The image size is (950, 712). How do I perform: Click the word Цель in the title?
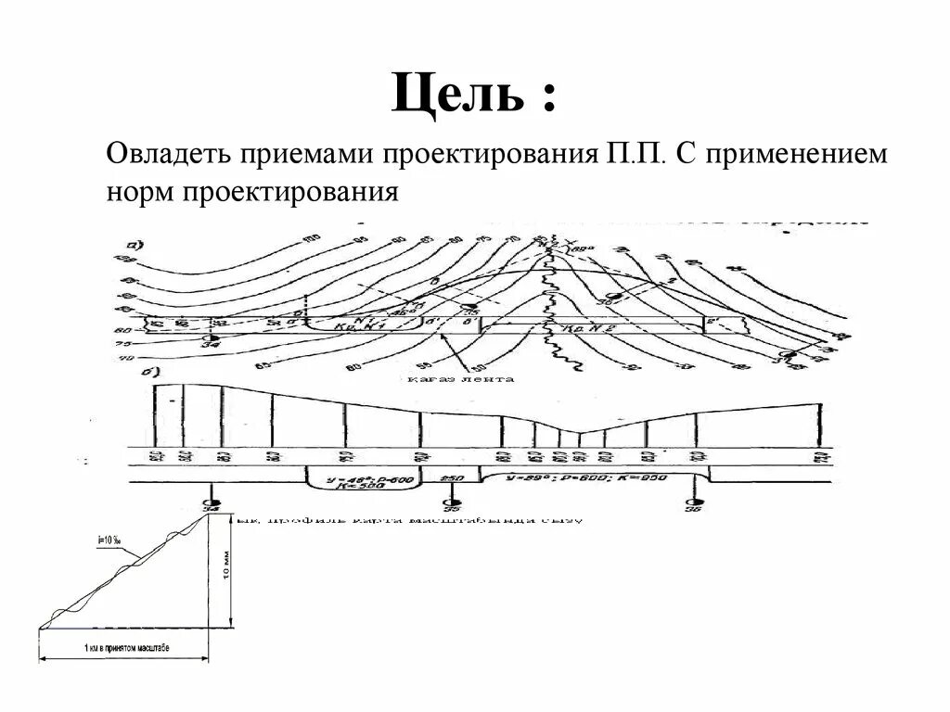tap(457, 95)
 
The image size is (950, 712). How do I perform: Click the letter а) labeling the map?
tap(133, 246)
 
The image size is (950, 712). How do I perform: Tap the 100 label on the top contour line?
tap(312, 240)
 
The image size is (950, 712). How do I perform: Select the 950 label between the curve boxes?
tap(452, 478)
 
